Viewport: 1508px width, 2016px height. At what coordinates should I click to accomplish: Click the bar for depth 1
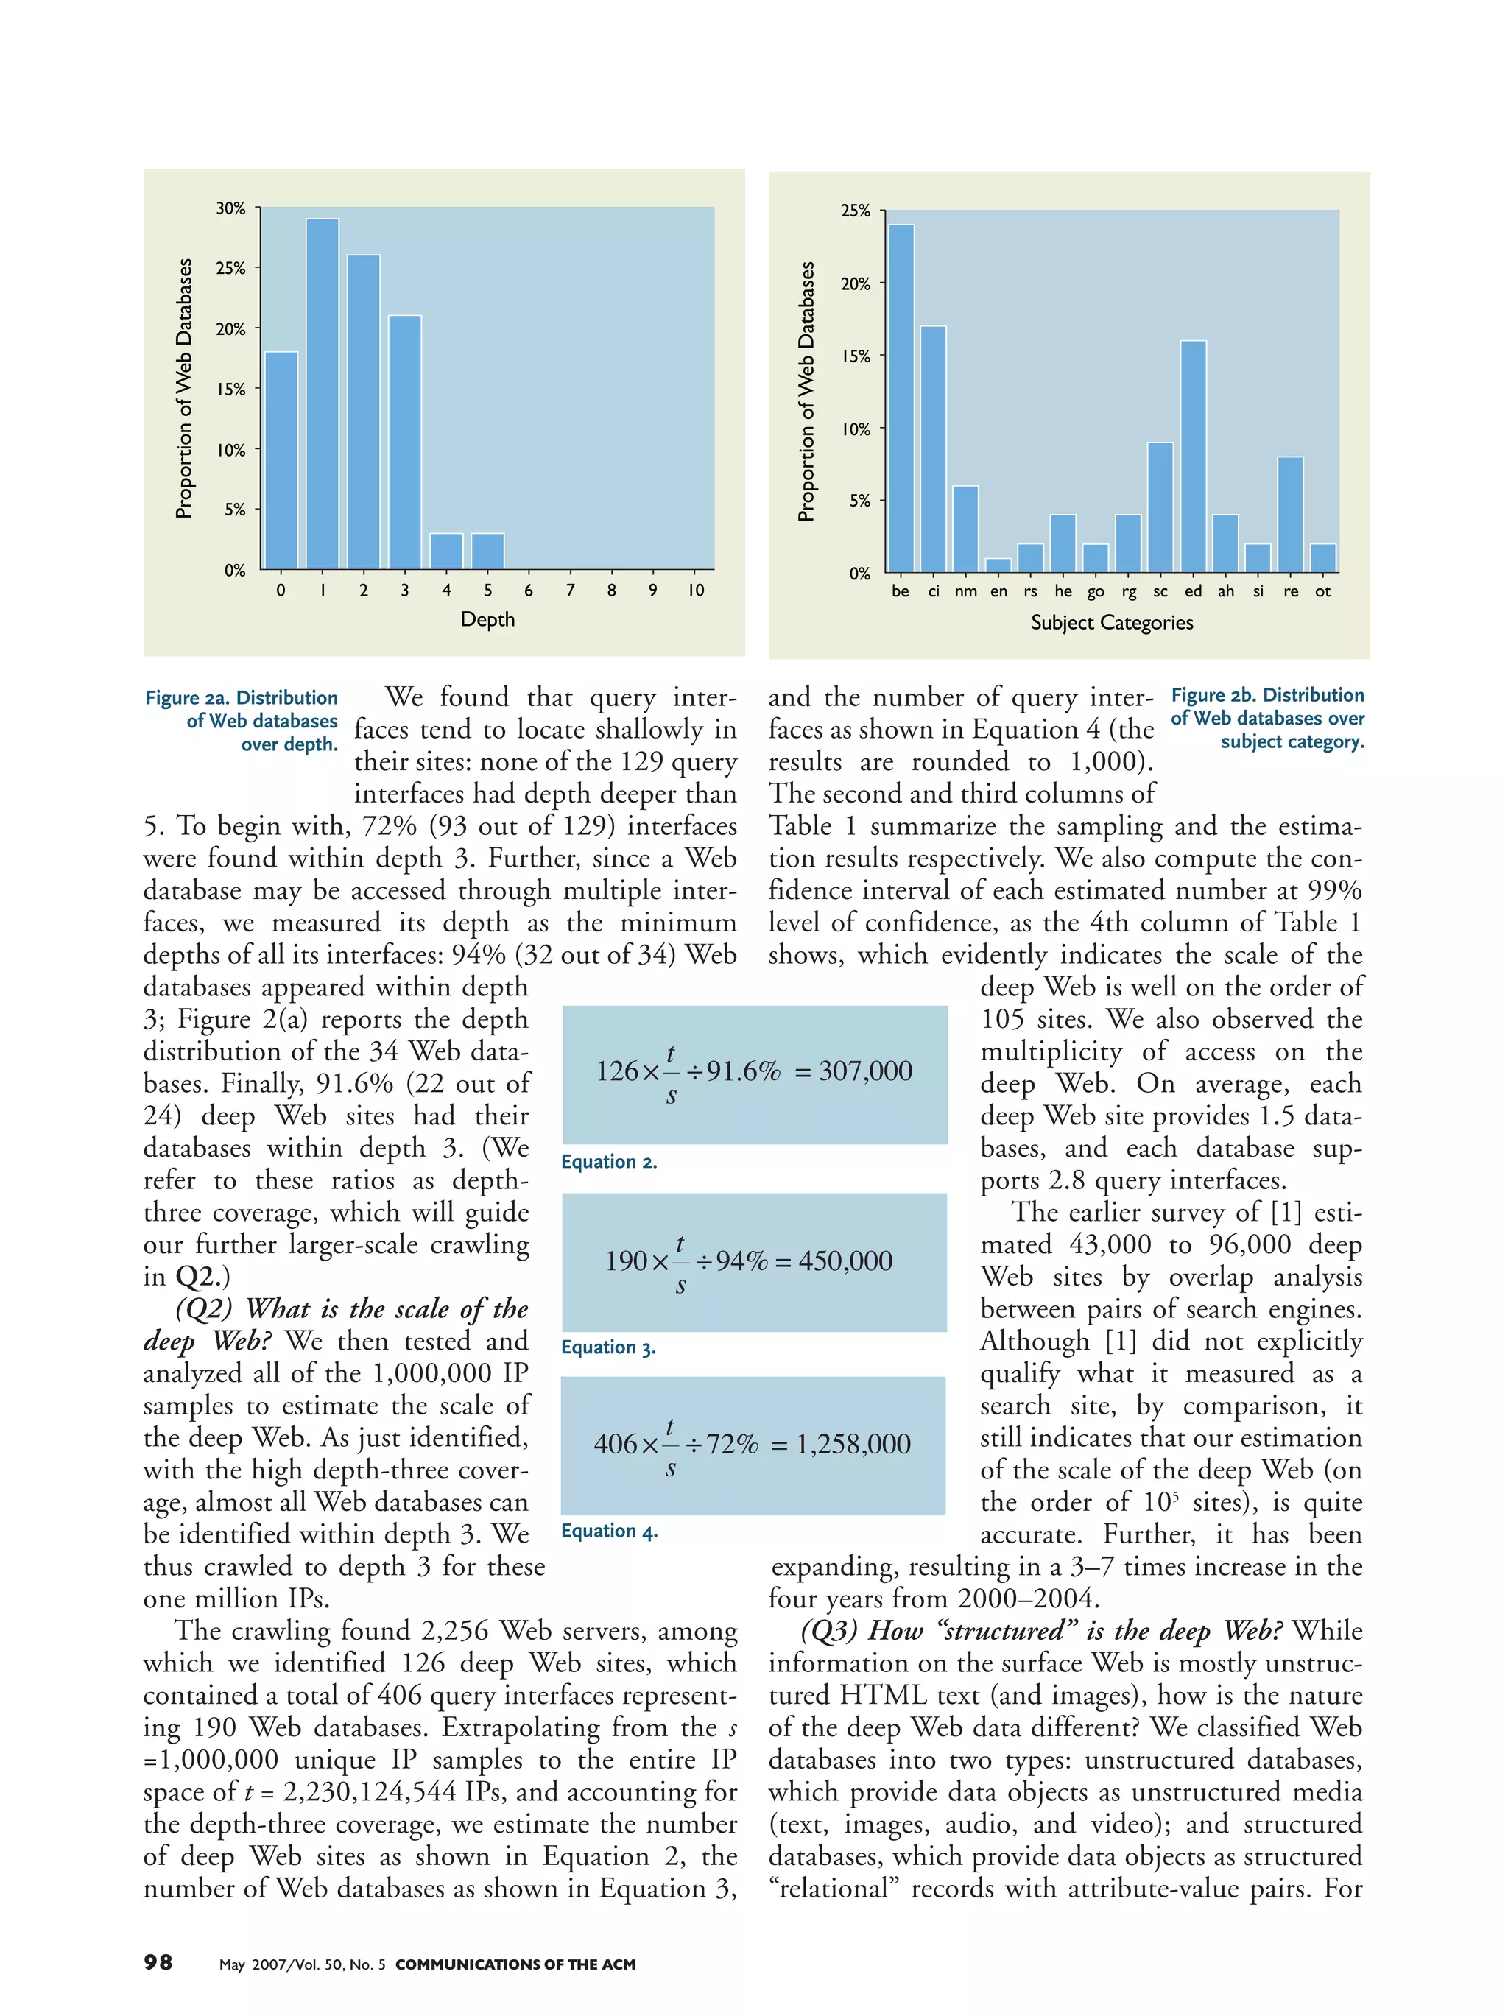322,394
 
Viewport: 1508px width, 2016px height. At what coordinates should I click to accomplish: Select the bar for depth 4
445,551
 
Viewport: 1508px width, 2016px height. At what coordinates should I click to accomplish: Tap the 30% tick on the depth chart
230,208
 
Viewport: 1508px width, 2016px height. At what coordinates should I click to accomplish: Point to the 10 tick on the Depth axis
695,591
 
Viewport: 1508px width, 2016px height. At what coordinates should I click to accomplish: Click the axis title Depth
487,620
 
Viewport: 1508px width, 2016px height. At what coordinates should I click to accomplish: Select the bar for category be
901,398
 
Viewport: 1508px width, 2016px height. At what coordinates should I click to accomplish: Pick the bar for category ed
1193,457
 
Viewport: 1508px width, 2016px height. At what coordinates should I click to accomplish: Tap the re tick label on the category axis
1290,591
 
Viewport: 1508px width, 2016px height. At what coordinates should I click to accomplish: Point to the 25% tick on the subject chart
855,211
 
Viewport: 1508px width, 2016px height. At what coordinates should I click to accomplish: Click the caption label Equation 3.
607,1347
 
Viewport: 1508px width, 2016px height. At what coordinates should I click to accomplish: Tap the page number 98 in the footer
158,1962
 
